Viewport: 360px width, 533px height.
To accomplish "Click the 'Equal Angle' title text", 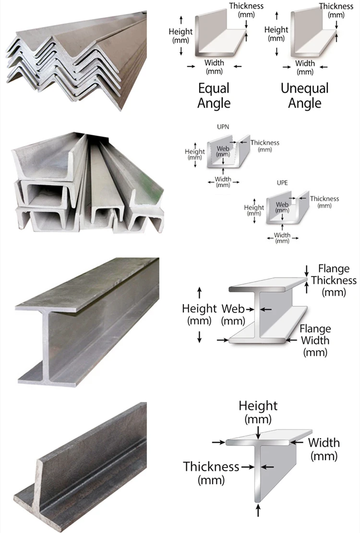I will [x=214, y=96].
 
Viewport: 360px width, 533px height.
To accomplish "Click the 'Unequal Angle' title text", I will [x=305, y=96].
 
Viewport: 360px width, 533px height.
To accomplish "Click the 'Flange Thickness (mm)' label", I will [x=334, y=280].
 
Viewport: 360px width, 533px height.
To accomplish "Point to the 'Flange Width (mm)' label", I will [x=315, y=340].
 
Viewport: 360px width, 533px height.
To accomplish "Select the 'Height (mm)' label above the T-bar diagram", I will [x=258, y=412].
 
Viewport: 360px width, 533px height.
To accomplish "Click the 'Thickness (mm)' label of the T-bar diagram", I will [x=211, y=472].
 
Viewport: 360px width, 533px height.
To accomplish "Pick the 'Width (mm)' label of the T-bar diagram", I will [x=324, y=448].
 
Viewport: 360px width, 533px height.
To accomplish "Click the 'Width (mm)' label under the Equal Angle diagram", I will [x=214, y=67].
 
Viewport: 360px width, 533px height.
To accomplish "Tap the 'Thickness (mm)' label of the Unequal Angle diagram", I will [x=336, y=10].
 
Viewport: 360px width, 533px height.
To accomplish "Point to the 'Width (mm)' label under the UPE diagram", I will [x=282, y=238].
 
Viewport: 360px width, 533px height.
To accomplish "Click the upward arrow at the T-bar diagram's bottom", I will [x=258, y=510].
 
